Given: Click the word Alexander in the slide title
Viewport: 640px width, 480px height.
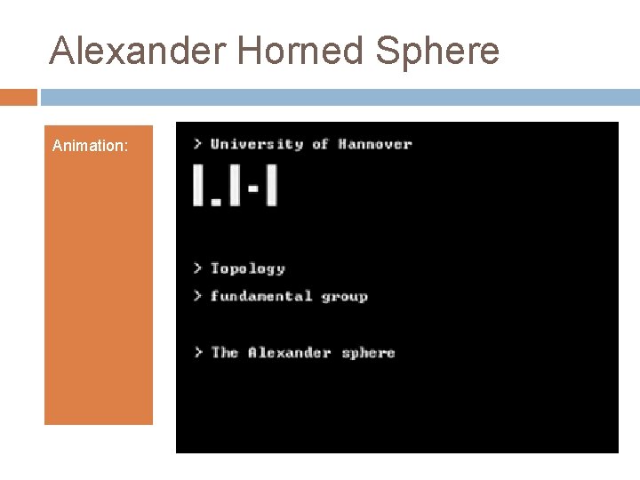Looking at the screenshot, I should coord(139,52).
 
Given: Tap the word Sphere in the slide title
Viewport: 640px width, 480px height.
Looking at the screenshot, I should coord(438,52).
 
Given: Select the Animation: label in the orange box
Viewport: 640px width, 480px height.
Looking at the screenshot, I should coord(90,145).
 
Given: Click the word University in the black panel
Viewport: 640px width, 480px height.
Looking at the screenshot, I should coord(257,144).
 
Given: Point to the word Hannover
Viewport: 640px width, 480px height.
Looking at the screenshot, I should coord(375,144).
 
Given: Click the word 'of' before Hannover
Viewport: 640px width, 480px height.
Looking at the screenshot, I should coord(320,144).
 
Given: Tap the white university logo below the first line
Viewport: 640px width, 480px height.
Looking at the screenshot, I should coord(235,185).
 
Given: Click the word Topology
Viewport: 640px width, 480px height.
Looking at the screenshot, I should coord(248,268).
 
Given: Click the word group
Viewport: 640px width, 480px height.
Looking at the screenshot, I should coord(345,297).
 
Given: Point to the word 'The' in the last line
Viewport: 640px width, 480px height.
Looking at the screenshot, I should coord(225,352).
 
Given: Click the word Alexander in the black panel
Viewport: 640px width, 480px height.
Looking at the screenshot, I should coord(290,352).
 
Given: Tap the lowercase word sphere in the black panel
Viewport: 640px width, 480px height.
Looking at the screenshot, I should coord(368,353).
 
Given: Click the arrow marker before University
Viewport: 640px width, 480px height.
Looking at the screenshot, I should coord(197,144).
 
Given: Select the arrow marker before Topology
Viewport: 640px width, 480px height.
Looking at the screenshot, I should coord(197,268).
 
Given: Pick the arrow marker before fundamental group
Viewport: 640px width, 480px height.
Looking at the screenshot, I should coord(197,296).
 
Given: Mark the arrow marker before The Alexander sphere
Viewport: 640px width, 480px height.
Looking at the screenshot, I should coord(197,352).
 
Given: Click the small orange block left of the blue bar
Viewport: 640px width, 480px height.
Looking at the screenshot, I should coord(19,97).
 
